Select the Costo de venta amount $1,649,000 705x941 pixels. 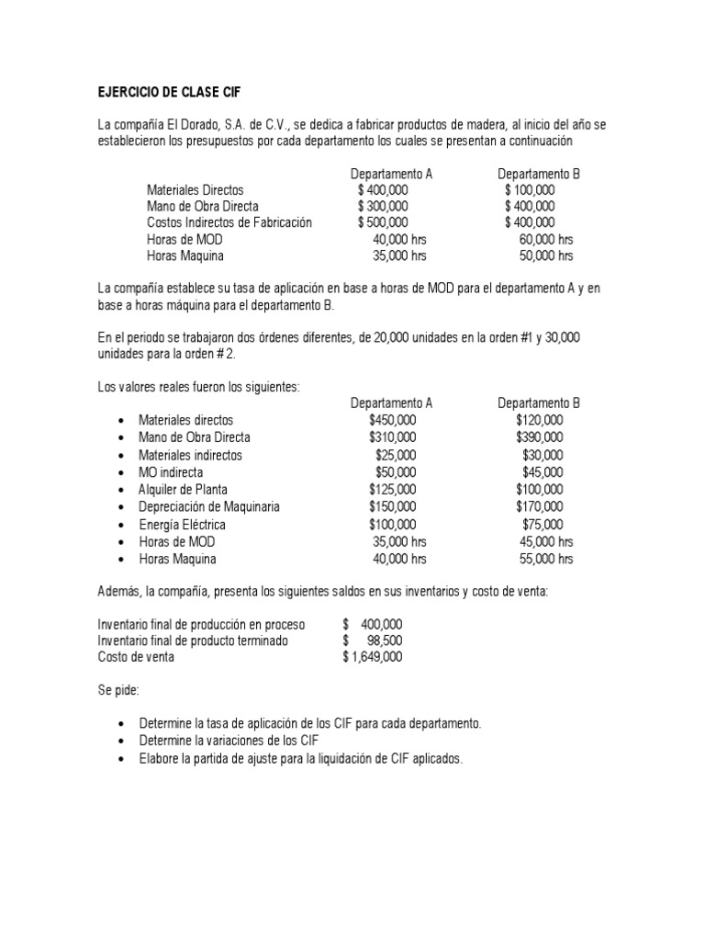tap(372, 658)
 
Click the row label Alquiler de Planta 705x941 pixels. tap(183, 490)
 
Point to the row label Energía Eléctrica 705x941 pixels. tap(182, 525)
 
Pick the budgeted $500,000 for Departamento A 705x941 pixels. tap(383, 222)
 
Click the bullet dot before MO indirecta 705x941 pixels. tap(120, 473)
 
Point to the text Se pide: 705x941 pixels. tap(121, 689)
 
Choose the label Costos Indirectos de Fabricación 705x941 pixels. tap(229, 222)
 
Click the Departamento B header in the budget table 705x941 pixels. tap(539, 173)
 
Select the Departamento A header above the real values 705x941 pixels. tap(391, 402)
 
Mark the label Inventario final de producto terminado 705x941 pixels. tap(193, 641)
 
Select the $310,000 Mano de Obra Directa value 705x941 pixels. tap(392, 437)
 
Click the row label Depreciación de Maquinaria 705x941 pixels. tap(209, 507)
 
